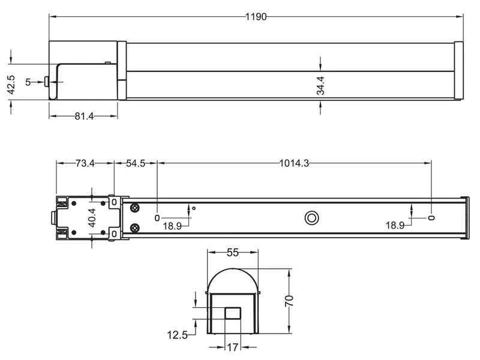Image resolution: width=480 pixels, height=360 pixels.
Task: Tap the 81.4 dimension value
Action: click(x=84, y=116)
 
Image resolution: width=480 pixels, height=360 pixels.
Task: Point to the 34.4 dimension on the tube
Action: click(x=321, y=86)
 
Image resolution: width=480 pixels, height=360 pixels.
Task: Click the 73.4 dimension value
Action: click(x=85, y=163)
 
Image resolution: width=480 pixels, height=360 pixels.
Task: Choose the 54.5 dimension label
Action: click(x=135, y=163)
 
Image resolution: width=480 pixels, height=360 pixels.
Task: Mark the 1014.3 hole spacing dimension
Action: click(x=294, y=163)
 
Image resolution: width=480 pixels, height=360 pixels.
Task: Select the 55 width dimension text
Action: click(x=233, y=253)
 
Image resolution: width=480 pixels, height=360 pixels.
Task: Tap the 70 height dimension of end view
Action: click(x=289, y=300)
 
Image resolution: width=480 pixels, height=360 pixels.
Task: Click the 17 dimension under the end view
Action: click(x=232, y=346)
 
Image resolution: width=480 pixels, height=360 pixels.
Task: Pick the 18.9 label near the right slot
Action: click(x=395, y=226)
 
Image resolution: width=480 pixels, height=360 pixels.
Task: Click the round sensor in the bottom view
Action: click(x=311, y=217)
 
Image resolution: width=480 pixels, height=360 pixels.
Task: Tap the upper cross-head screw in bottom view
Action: click(x=134, y=208)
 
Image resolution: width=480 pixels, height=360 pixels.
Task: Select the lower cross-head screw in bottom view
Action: click(x=134, y=227)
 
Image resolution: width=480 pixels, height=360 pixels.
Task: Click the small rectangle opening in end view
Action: click(x=232, y=313)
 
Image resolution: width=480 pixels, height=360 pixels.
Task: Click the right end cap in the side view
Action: click(x=458, y=71)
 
